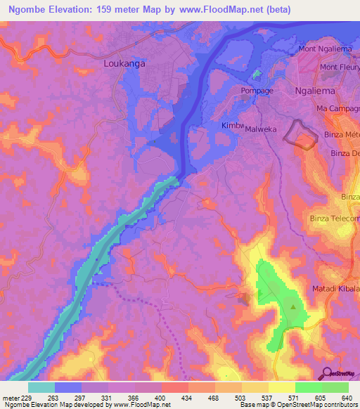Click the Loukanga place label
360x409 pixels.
(x=124, y=63)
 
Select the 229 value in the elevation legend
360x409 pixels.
(x=23, y=398)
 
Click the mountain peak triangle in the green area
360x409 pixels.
(x=294, y=306)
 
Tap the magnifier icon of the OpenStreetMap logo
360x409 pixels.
(x=326, y=373)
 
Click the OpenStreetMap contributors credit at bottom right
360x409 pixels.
(x=310, y=405)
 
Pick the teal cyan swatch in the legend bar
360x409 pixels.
(x=41, y=387)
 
